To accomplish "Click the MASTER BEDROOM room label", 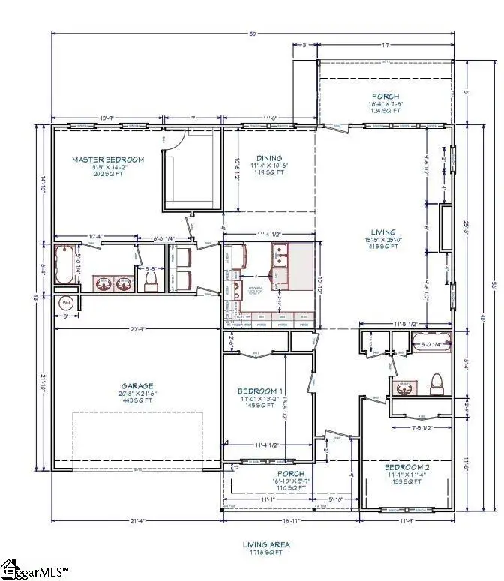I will pyautogui.click(x=107, y=160).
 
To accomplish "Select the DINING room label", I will pyautogui.click(x=259, y=157).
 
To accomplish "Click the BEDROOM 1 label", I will pyautogui.click(x=259, y=391).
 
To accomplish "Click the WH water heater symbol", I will pyautogui.click(x=66, y=303).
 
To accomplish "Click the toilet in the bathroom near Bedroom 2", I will pyautogui.click(x=435, y=384).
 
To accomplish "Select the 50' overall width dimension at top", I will pyautogui.click(x=254, y=34).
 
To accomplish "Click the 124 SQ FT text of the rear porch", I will pyautogui.click(x=386, y=111).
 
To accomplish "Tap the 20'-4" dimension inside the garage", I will pyautogui.click(x=137, y=328).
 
